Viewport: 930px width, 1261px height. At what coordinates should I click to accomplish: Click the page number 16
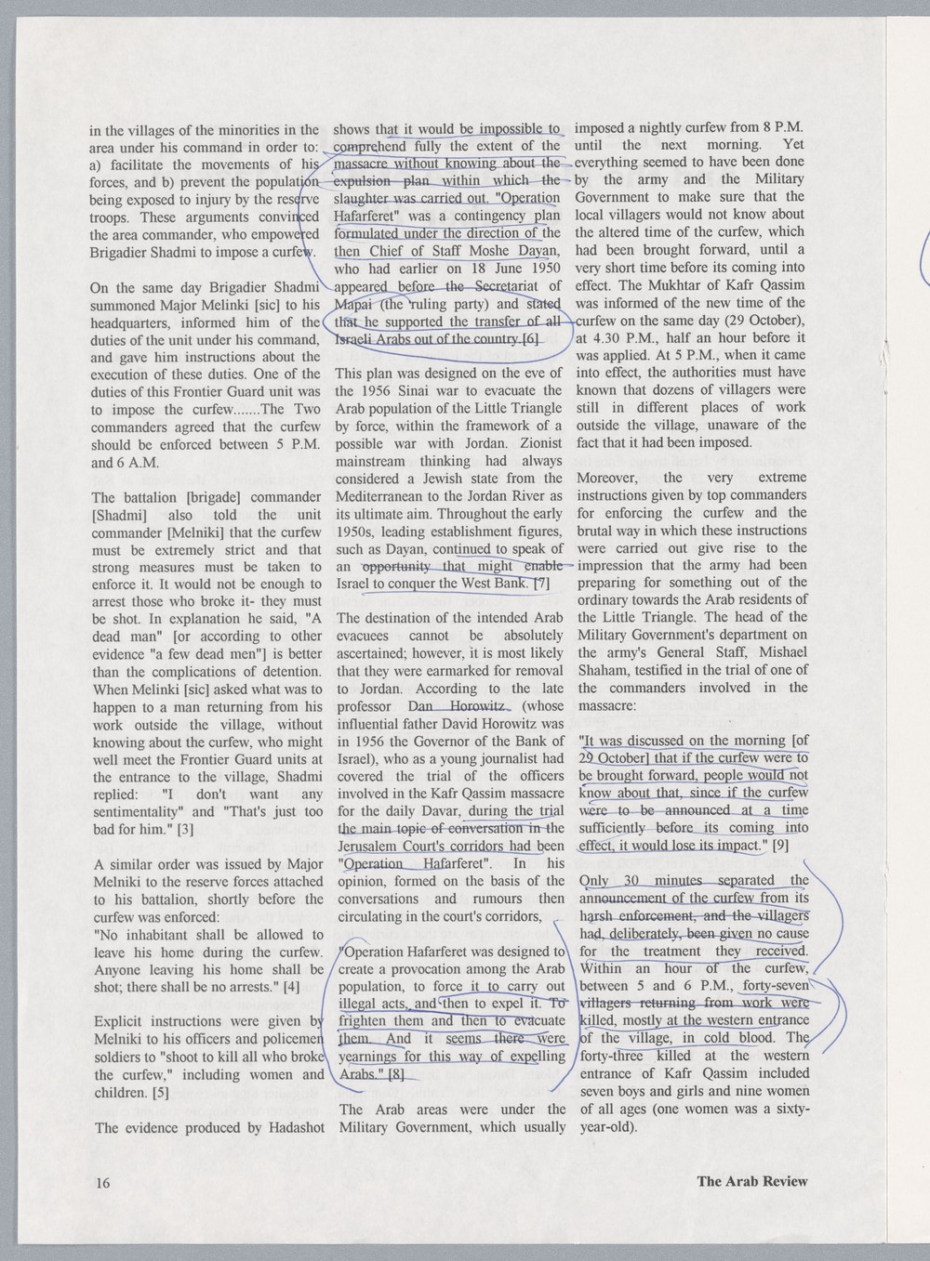[x=102, y=1183]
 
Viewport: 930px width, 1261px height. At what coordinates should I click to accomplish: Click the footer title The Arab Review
[x=752, y=1182]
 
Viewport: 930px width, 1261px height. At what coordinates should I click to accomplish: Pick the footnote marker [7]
[x=542, y=584]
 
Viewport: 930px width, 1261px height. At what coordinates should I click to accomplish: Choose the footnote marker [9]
[x=780, y=846]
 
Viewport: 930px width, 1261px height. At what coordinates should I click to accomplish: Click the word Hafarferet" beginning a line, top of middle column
[x=365, y=216]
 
